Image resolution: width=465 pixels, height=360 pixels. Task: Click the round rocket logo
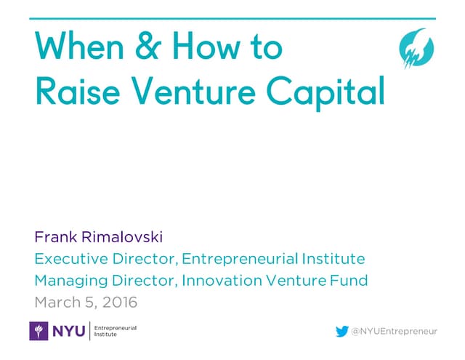click(x=416, y=49)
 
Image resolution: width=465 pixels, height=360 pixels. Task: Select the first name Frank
click(x=55, y=238)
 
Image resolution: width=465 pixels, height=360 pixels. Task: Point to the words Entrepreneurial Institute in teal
click(x=272, y=259)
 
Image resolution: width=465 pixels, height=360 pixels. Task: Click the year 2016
click(x=118, y=301)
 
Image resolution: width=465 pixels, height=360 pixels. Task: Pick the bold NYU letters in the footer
click(x=68, y=331)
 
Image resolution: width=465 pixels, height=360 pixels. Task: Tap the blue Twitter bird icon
click(x=341, y=332)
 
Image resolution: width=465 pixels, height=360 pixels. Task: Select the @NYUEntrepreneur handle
click(x=395, y=332)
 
